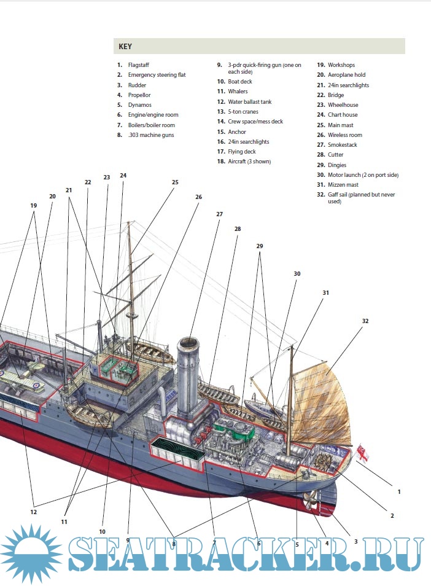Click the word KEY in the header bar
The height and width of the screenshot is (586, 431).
coord(125,47)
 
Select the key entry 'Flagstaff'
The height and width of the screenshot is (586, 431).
coord(138,65)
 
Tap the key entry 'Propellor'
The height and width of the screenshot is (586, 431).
coord(139,95)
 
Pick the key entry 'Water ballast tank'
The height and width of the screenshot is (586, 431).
coord(249,102)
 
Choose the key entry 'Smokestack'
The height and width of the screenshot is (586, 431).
coord(342,145)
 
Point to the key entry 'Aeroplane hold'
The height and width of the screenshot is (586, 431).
coord(346,75)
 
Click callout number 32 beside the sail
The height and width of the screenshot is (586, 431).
coord(365,321)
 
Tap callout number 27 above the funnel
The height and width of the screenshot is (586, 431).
coord(219,214)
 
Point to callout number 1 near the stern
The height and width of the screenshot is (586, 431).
coord(398,491)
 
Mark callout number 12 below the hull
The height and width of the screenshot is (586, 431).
coord(34,512)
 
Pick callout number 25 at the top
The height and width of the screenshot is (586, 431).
coord(175,182)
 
